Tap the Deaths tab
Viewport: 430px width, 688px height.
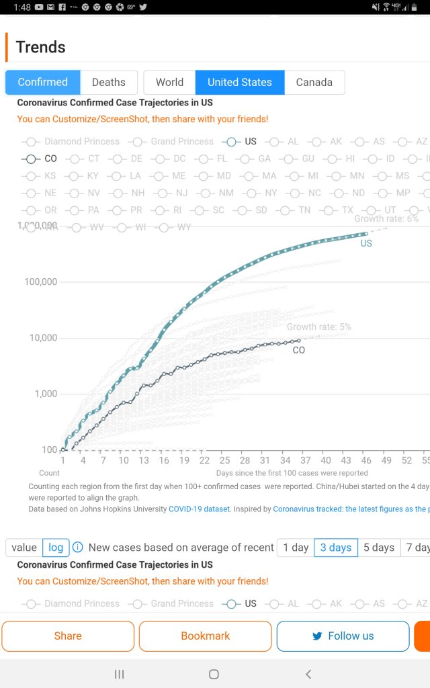click(108, 83)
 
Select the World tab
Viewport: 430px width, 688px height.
click(169, 83)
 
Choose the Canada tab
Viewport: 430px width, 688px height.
click(314, 83)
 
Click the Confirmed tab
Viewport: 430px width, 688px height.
click(43, 83)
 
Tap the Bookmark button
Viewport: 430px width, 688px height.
click(205, 636)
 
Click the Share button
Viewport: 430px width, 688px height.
click(68, 636)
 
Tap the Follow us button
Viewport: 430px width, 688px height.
click(343, 636)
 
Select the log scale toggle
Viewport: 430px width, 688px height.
click(56, 548)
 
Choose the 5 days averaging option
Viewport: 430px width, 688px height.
click(378, 548)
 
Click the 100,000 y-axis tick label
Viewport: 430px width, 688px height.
click(41, 282)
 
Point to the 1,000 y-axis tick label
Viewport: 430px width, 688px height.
click(46, 394)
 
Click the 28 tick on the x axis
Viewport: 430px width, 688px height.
click(245, 460)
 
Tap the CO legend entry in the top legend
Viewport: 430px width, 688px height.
click(43, 159)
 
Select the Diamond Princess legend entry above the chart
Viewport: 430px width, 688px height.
click(74, 142)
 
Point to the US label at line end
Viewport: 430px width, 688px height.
click(366, 243)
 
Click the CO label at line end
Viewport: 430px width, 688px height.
click(298, 350)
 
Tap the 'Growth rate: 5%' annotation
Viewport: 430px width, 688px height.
click(319, 327)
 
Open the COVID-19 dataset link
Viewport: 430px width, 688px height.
click(199, 509)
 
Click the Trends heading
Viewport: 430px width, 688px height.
click(41, 47)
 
